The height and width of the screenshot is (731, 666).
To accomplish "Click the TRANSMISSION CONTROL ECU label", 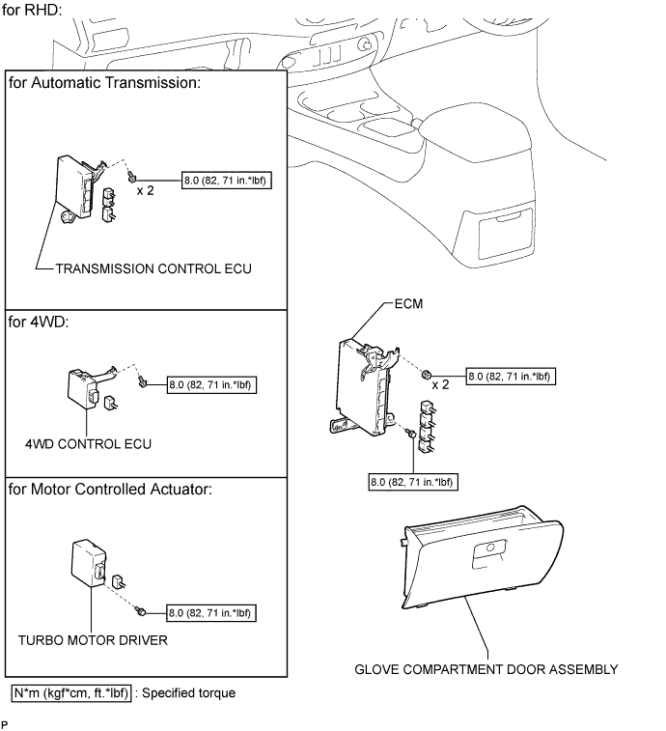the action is pos(153,268).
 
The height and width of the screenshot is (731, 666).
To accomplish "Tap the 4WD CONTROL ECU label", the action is pos(88,444).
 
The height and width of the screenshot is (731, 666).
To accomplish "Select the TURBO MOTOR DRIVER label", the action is pos(93,640).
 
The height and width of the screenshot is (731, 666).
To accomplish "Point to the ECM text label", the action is pos(408,304).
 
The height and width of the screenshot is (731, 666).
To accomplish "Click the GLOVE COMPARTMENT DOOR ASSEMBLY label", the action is pos(486,669).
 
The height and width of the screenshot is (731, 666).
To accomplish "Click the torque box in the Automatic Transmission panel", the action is pos(227,181).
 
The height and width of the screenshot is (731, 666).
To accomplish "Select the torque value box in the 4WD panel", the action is pos(211,385).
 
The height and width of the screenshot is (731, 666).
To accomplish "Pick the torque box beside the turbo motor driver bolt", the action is pos(211,613).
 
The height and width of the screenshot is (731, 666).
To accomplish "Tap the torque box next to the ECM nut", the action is pos(511,377).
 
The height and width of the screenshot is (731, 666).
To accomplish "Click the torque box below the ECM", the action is pos(413,482).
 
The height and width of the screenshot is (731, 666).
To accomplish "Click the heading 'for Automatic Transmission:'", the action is pos(105,83).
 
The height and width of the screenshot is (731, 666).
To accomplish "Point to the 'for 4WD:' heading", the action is pos(39,323).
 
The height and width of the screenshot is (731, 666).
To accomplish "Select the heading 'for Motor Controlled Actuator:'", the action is pos(110,489).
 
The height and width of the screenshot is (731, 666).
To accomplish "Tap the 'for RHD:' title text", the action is pos(32,10).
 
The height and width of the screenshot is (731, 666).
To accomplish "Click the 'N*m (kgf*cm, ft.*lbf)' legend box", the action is pos(71,692).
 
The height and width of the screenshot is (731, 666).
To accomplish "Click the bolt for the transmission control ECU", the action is pos(132,177).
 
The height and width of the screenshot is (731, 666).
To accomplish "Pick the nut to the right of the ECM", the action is pos(426,374).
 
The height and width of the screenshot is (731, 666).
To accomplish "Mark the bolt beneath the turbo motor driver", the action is pos(141,610).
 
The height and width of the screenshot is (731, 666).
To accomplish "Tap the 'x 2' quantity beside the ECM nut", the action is pos(440,385).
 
